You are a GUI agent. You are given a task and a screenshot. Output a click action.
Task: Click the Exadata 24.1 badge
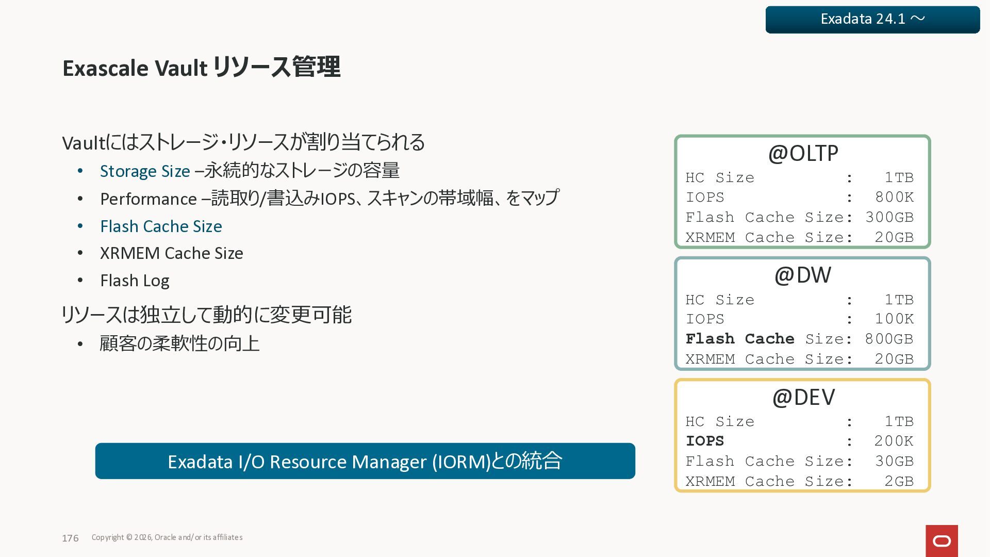click(x=872, y=20)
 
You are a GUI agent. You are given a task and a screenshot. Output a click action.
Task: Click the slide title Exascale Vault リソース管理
click(x=201, y=68)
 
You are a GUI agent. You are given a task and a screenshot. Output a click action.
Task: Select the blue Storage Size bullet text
click(x=145, y=171)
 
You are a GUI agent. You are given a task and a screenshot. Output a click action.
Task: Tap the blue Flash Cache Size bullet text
click(x=161, y=226)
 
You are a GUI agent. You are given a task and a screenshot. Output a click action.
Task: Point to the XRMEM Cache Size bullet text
click(x=171, y=253)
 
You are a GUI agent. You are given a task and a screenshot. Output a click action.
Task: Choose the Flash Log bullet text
click(x=135, y=281)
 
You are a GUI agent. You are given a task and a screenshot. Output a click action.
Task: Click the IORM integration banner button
click(x=365, y=461)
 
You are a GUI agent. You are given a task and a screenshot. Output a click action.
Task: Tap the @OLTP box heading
click(x=803, y=153)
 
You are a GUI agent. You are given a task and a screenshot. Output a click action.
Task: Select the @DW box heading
click(x=803, y=275)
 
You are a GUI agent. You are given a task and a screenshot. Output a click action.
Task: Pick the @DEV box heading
click(x=803, y=397)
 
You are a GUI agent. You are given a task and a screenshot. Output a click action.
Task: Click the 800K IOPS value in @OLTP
click(x=894, y=197)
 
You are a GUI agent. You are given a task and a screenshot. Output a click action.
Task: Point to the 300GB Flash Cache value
click(x=889, y=217)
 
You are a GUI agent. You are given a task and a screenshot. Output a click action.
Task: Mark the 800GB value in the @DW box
click(x=889, y=339)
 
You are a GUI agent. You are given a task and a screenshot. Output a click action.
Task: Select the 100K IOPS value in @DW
click(x=894, y=319)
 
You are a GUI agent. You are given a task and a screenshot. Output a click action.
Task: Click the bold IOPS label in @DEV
click(x=705, y=441)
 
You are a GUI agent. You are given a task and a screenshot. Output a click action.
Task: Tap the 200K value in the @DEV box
click(x=894, y=441)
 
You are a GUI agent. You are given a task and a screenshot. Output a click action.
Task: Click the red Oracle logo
click(x=942, y=541)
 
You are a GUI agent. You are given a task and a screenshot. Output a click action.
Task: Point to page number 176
click(x=70, y=538)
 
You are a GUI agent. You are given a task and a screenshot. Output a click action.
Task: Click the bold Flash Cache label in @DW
click(x=739, y=339)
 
